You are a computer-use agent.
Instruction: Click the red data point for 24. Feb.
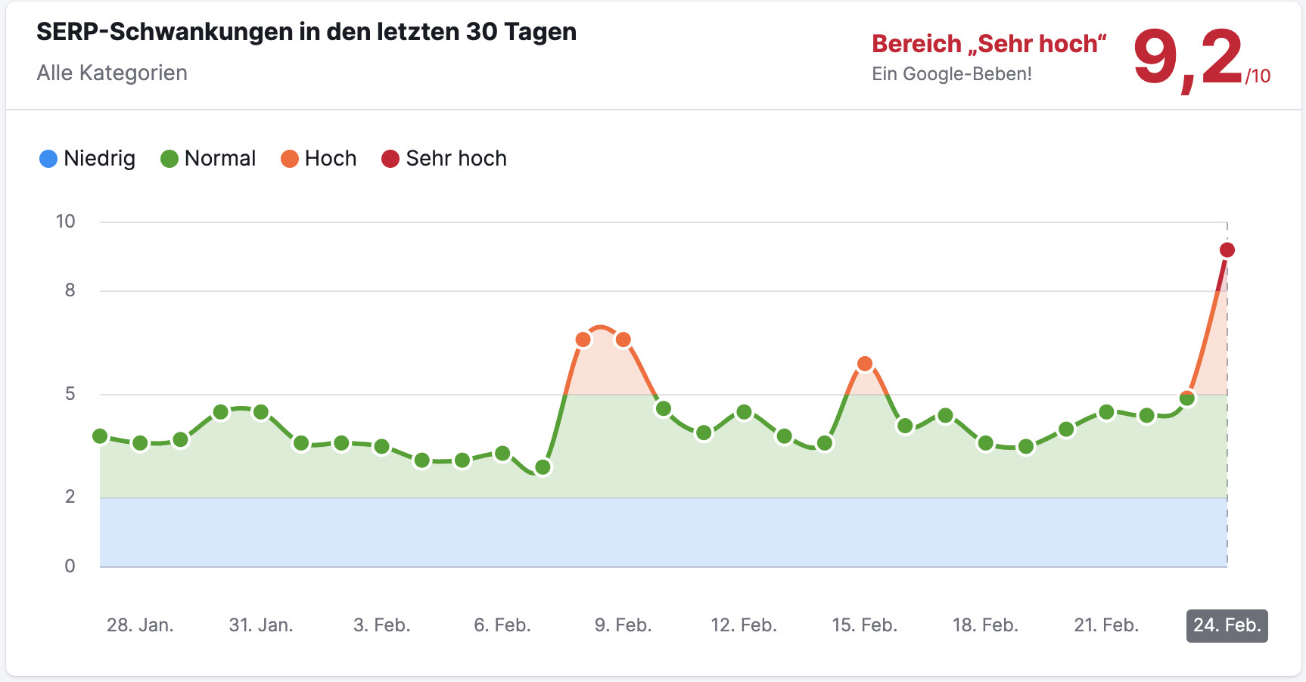[x=1227, y=250]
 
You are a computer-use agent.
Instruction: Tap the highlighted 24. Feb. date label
[x=1227, y=625]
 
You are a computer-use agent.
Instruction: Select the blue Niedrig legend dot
[x=48, y=159]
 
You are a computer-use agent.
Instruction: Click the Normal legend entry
[x=209, y=159]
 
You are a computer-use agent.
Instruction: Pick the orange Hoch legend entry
[x=319, y=159]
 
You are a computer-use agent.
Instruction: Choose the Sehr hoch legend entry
[x=444, y=159]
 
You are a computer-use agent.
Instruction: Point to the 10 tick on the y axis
[x=66, y=222]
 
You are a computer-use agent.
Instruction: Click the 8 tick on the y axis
[x=70, y=290]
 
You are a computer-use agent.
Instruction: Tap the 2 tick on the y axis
[x=70, y=497]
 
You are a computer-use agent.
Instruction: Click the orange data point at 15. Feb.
[x=865, y=364]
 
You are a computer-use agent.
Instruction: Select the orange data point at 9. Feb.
[x=623, y=339]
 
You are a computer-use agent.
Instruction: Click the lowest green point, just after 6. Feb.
[x=543, y=467]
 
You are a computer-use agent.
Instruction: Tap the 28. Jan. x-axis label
[x=140, y=625]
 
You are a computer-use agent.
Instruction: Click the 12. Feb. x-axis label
[x=744, y=625]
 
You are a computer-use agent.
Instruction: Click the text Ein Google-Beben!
[x=951, y=74]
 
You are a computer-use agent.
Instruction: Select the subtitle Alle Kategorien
[x=112, y=73]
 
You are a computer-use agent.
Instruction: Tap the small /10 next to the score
[x=1258, y=76]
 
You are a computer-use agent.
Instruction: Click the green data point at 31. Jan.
[x=261, y=412]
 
